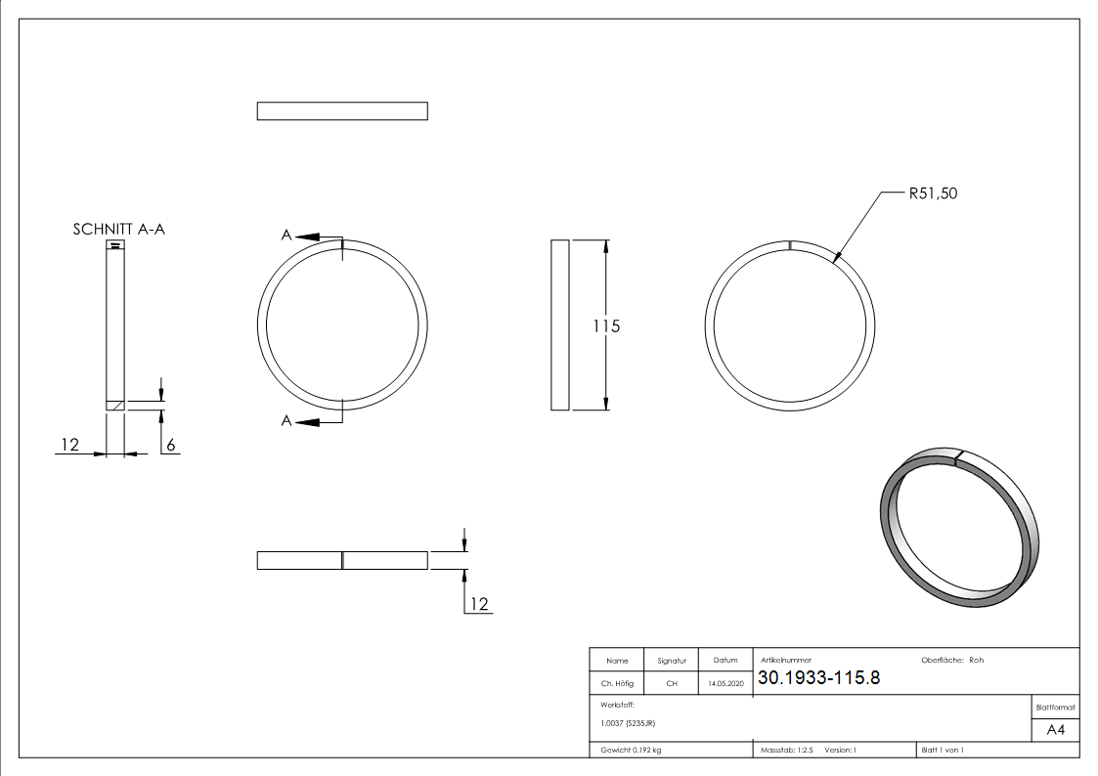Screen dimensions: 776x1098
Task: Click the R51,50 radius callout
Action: click(932, 194)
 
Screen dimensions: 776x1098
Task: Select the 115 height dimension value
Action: click(606, 326)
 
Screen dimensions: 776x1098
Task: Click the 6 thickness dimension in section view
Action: click(170, 445)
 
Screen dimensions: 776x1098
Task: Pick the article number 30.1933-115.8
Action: click(818, 678)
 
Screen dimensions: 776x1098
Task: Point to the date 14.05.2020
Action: click(725, 684)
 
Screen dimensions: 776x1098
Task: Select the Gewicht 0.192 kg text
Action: click(631, 751)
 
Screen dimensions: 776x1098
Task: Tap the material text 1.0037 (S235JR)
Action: click(628, 723)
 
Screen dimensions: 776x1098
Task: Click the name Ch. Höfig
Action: click(616, 684)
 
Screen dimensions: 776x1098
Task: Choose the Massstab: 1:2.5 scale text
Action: click(787, 751)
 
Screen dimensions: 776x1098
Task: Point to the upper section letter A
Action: click(286, 236)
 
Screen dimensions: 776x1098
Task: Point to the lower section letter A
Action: click(286, 420)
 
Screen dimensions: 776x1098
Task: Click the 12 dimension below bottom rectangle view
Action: click(478, 604)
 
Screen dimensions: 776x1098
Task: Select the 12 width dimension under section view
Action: click(68, 445)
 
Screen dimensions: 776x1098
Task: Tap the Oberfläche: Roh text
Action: click(952, 661)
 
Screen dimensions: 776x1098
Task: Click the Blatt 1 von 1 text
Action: click(943, 751)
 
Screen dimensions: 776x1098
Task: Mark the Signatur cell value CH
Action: click(672, 684)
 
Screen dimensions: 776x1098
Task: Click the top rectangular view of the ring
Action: click(342, 111)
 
